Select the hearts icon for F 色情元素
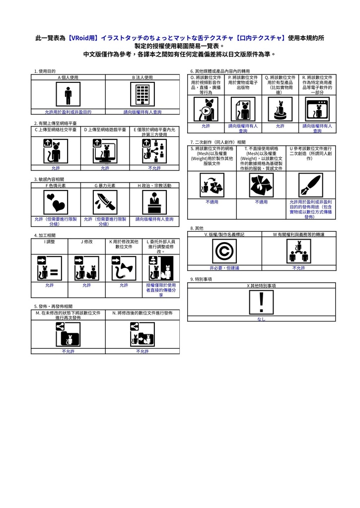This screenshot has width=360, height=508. coord(56,201)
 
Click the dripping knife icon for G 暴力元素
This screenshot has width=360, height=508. coord(105,201)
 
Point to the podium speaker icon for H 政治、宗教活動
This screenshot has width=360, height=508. coord(154,201)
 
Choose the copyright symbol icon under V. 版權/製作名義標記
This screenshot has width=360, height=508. coord(224,251)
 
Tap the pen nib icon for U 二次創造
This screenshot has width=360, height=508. coord(311,186)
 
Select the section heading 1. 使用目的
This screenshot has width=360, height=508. coord(45,71)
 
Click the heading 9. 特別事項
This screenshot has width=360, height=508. coord(201,279)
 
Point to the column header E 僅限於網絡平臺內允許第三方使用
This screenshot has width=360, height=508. coord(154,132)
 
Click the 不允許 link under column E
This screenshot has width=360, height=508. coord(154,168)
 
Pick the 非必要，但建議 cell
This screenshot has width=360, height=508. coord(224,268)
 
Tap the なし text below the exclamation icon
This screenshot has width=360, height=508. coord(261,319)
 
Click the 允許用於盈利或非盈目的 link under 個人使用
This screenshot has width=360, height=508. coord(68,112)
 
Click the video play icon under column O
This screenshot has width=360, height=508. coord(206,109)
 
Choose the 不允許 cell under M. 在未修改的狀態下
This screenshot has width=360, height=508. coord(68,351)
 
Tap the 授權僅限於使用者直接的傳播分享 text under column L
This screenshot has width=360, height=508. coord(161,290)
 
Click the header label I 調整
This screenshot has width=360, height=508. coord(50,242)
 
